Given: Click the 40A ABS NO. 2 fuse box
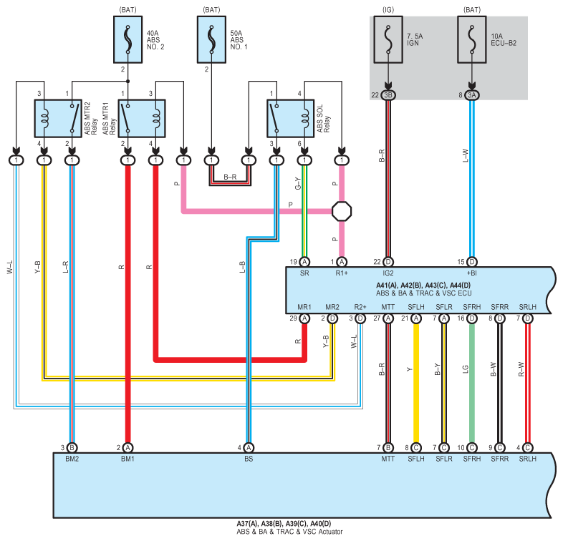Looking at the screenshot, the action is click(127, 39).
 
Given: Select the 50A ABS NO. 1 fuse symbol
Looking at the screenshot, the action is click(211, 39).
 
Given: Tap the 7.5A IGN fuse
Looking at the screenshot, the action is click(388, 39).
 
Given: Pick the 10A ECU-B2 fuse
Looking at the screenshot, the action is click(472, 39).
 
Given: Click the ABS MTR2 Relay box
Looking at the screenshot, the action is click(58, 118).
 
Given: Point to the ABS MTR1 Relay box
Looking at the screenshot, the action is click(142, 118).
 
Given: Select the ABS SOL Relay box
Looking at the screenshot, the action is click(291, 118).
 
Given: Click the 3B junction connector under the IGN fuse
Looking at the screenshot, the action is click(388, 95).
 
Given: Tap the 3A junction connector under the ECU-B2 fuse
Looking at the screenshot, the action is click(472, 95).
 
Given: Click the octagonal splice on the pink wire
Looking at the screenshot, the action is click(342, 211).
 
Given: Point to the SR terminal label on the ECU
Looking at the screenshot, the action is click(304, 273).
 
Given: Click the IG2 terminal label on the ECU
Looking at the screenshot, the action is click(388, 273).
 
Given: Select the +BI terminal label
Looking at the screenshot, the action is click(472, 273).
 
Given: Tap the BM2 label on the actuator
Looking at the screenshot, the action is click(72, 459).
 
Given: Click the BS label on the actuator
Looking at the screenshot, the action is click(249, 459).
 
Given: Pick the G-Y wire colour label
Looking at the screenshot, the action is click(298, 183).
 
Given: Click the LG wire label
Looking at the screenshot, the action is click(466, 369).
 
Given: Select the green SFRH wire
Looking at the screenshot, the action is click(472, 383).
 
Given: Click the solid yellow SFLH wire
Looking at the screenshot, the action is click(416, 383).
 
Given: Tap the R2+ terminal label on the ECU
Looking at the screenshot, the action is click(360, 307).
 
